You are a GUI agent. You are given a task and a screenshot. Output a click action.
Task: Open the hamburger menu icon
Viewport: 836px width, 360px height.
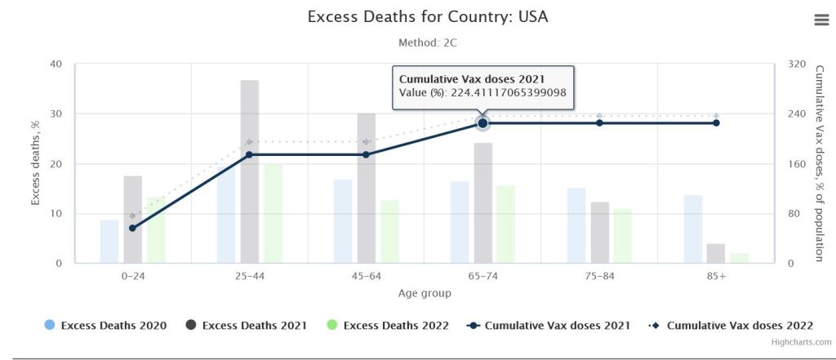click(x=821, y=20)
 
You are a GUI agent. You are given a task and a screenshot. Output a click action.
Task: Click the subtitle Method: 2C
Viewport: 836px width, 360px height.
click(x=421, y=42)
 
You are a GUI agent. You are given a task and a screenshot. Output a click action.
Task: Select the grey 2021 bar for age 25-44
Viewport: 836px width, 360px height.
click(x=250, y=171)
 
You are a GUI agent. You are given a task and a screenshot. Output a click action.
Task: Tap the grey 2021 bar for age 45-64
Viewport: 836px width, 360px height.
click(x=367, y=188)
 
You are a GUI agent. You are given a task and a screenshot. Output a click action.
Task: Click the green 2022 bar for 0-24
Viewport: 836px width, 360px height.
click(x=156, y=229)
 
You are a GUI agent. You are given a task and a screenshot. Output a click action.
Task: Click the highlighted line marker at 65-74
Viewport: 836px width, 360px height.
click(x=482, y=123)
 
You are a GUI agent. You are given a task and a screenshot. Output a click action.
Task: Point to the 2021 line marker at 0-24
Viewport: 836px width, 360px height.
click(x=133, y=228)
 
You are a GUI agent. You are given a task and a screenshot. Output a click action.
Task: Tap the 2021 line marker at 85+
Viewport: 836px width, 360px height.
click(x=716, y=123)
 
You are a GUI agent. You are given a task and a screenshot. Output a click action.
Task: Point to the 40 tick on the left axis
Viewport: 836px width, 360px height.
click(x=56, y=64)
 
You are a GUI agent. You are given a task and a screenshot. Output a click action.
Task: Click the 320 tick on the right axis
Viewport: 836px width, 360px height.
click(x=796, y=64)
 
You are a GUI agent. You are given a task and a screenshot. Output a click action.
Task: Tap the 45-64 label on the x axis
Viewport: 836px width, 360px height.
click(x=367, y=276)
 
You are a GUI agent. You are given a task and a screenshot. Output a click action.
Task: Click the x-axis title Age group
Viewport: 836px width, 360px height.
click(x=424, y=293)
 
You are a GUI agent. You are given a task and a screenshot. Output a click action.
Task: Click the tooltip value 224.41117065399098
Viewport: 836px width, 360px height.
click(x=508, y=93)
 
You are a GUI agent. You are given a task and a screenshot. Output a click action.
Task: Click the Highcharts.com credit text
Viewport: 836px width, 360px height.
click(x=802, y=342)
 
